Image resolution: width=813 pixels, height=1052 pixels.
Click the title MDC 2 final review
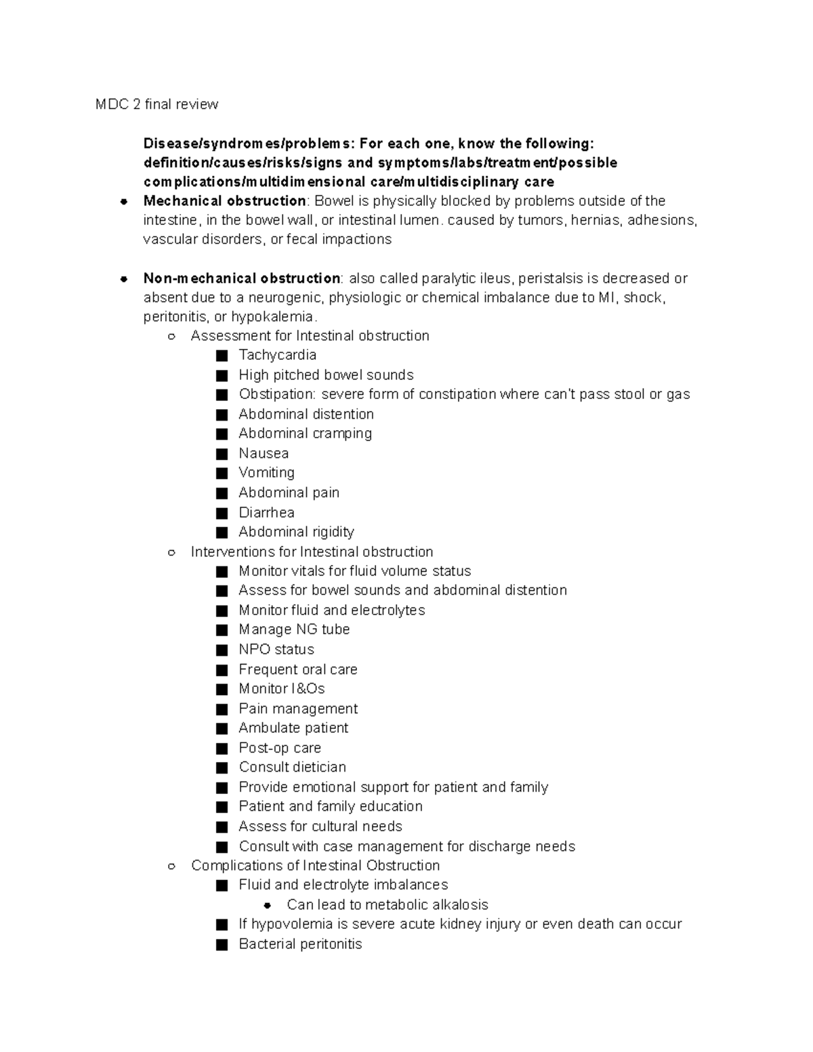click(x=157, y=104)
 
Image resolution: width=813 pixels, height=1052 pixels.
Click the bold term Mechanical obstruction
click(x=224, y=201)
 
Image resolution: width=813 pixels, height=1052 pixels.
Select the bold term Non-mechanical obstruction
click(x=241, y=278)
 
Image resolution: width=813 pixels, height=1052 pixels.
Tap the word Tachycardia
click(x=277, y=355)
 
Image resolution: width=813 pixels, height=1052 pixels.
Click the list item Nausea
click(x=264, y=453)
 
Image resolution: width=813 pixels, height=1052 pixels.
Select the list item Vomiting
click(x=266, y=473)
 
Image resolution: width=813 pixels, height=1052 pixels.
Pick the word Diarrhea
click(x=266, y=512)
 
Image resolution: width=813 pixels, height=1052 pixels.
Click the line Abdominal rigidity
click(x=296, y=532)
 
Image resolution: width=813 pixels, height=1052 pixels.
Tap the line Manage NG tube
click(x=294, y=629)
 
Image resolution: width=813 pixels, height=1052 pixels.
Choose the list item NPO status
click(x=276, y=650)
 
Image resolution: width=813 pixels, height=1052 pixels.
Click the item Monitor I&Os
click(x=281, y=689)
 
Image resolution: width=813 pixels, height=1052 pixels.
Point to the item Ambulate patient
click(x=293, y=728)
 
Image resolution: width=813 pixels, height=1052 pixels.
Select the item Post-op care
click(x=280, y=748)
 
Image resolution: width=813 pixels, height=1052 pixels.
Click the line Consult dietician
click(x=292, y=767)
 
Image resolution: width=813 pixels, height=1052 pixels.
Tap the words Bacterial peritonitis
click(x=300, y=944)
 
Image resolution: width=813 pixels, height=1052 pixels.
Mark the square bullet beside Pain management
click(x=222, y=709)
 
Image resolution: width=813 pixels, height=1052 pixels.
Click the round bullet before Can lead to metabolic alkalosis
click(x=268, y=905)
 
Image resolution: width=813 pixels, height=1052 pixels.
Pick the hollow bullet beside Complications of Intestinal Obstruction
click(x=172, y=866)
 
